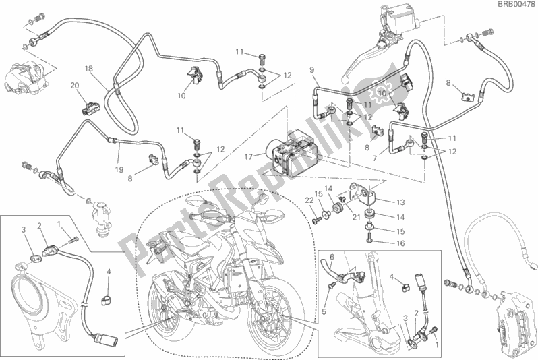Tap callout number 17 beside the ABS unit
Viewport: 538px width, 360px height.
pyautogui.click(x=248, y=157)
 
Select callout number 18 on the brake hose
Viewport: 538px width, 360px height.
pyautogui.click(x=88, y=69)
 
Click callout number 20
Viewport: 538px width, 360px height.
pyautogui.click(x=74, y=86)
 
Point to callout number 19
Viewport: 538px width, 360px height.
pyautogui.click(x=119, y=169)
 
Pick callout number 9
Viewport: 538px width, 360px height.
pyautogui.click(x=311, y=70)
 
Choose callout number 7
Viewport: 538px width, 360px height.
pyautogui.click(x=375, y=158)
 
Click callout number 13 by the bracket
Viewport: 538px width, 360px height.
pyautogui.click(x=400, y=202)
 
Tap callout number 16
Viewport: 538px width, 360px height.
pyautogui.click(x=400, y=243)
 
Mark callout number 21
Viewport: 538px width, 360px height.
pyautogui.click(x=356, y=217)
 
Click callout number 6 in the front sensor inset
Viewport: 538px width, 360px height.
pyautogui.click(x=332, y=258)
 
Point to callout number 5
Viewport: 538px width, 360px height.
pyautogui.click(x=324, y=312)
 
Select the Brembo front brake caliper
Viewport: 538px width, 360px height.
pyautogui.click(x=511, y=321)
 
